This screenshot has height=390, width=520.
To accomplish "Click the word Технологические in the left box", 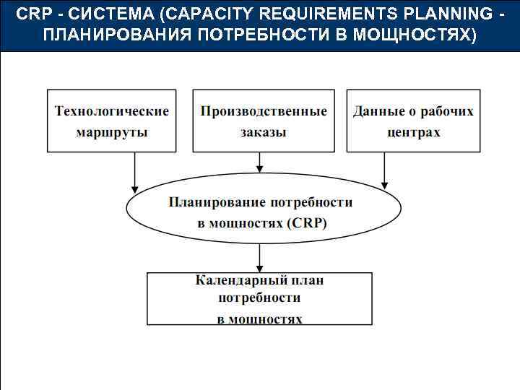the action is (x=112, y=111).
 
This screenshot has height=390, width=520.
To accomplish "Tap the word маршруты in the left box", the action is (x=112, y=132).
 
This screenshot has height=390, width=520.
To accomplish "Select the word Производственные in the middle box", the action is (x=264, y=111).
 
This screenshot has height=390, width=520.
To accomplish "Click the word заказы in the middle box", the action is (x=264, y=132).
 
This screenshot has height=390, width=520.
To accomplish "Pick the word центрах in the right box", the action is (x=414, y=132).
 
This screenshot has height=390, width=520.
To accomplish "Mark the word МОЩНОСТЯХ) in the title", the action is (x=415, y=35).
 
